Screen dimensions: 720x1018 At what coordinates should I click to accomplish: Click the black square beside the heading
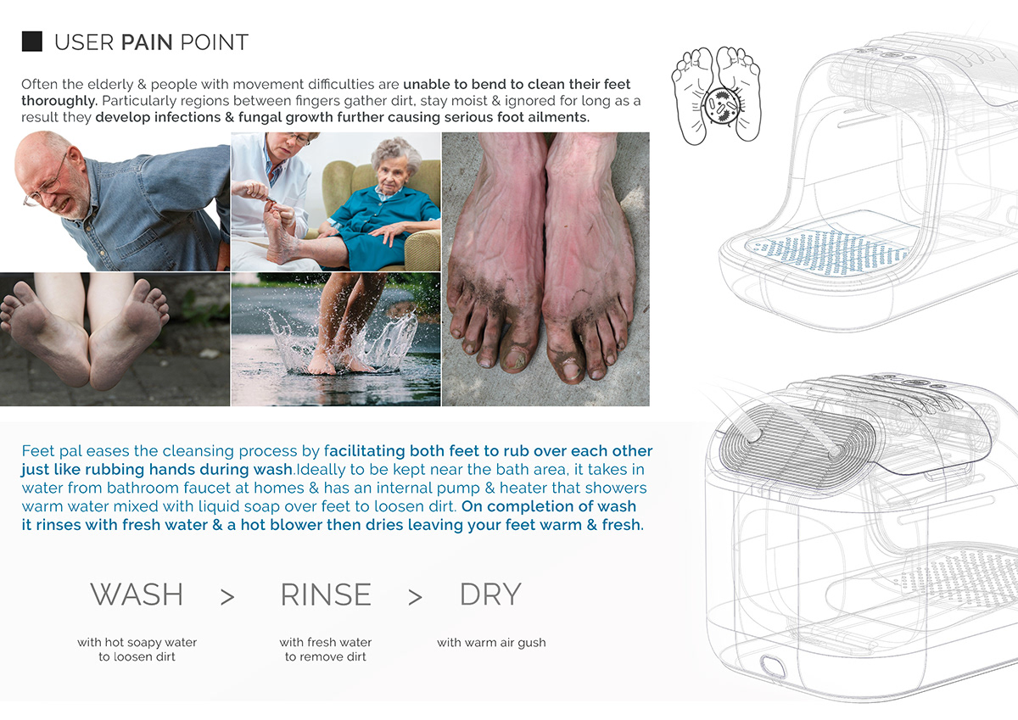pyautogui.click(x=31, y=41)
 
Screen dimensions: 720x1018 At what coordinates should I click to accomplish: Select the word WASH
pyautogui.click(x=137, y=594)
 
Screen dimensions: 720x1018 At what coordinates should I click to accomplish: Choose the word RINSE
pyautogui.click(x=326, y=594)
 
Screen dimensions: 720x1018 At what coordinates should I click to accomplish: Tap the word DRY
pyautogui.click(x=489, y=594)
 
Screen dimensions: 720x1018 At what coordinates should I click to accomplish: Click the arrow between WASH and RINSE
pyautogui.click(x=227, y=597)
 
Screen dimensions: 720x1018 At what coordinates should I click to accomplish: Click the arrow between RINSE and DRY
pyautogui.click(x=415, y=597)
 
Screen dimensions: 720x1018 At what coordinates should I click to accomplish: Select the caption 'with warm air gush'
pyautogui.click(x=491, y=643)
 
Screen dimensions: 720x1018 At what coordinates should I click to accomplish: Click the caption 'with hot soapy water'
pyautogui.click(x=137, y=643)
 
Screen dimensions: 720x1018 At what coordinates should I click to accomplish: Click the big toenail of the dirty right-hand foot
pyautogui.click(x=566, y=370)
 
